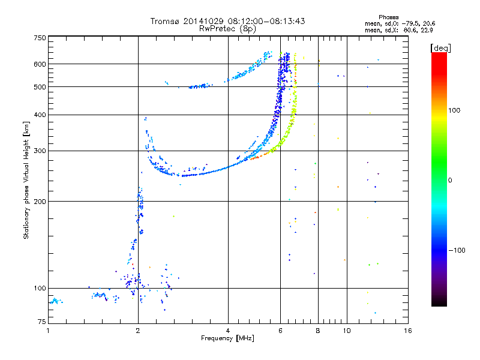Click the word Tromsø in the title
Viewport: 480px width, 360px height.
pos(164,21)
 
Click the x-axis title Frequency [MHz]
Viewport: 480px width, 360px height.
pos(227,338)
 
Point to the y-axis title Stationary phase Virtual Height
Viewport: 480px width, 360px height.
pos(26,180)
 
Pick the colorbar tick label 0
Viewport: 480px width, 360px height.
pos(451,180)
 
